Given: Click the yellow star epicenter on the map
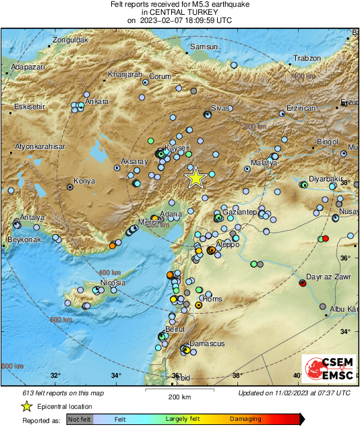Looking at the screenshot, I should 196,177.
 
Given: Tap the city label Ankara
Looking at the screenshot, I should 97,102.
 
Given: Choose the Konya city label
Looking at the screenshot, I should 84,181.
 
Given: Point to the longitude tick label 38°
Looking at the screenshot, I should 237,376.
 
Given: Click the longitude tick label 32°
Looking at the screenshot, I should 55,376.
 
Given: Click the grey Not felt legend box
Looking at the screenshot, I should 80,419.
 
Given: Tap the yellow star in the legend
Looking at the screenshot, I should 27,406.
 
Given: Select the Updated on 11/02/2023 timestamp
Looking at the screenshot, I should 294,393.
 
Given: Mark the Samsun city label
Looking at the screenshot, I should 204,47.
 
